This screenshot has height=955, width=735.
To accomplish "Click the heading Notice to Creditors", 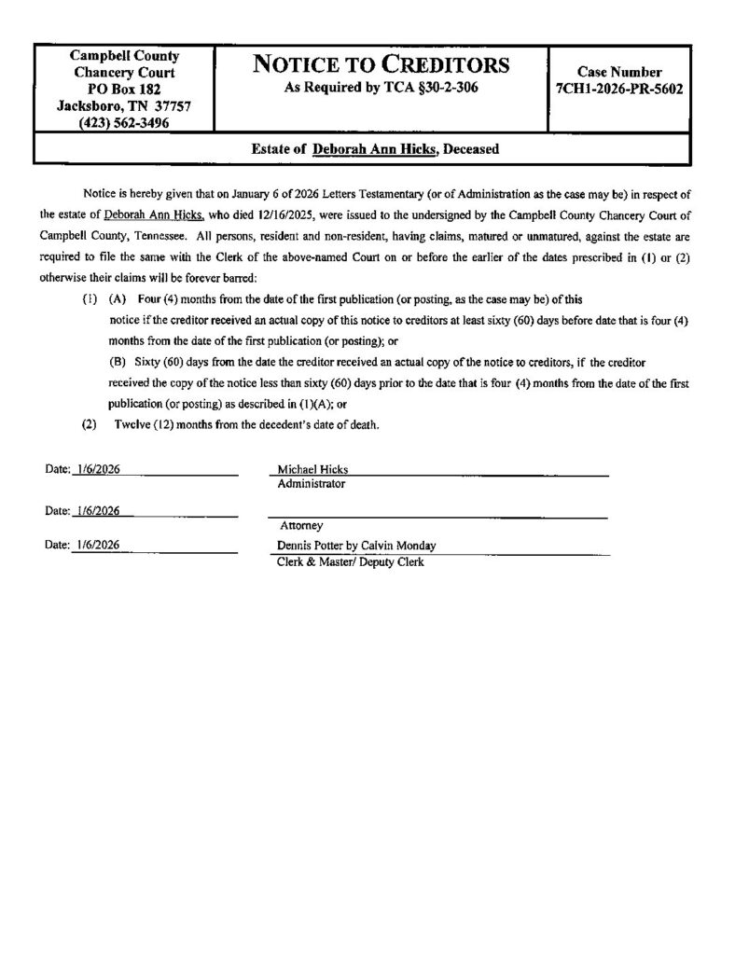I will [x=381, y=65].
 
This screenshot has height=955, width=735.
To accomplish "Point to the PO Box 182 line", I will [x=124, y=90].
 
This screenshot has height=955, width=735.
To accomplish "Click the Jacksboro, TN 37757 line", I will [x=124, y=105].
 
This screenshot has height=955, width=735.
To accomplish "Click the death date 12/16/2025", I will [x=279, y=212].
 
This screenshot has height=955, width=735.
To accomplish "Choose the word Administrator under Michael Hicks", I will [x=311, y=485].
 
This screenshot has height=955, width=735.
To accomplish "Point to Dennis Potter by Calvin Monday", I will [x=356, y=546].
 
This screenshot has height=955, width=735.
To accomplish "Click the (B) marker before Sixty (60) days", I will [x=118, y=360].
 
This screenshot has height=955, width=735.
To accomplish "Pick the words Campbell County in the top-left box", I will [x=124, y=56].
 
